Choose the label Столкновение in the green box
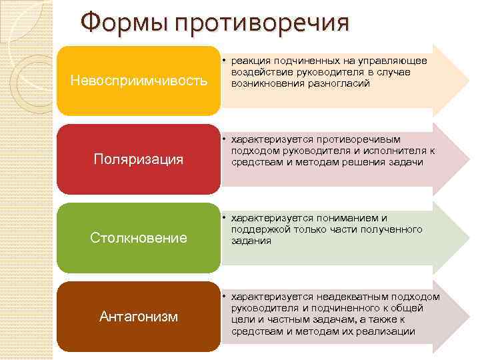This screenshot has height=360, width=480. (x=138, y=237)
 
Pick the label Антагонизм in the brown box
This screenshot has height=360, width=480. (x=138, y=316)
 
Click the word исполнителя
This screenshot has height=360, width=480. (x=391, y=151)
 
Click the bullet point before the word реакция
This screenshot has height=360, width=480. (x=225, y=61)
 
